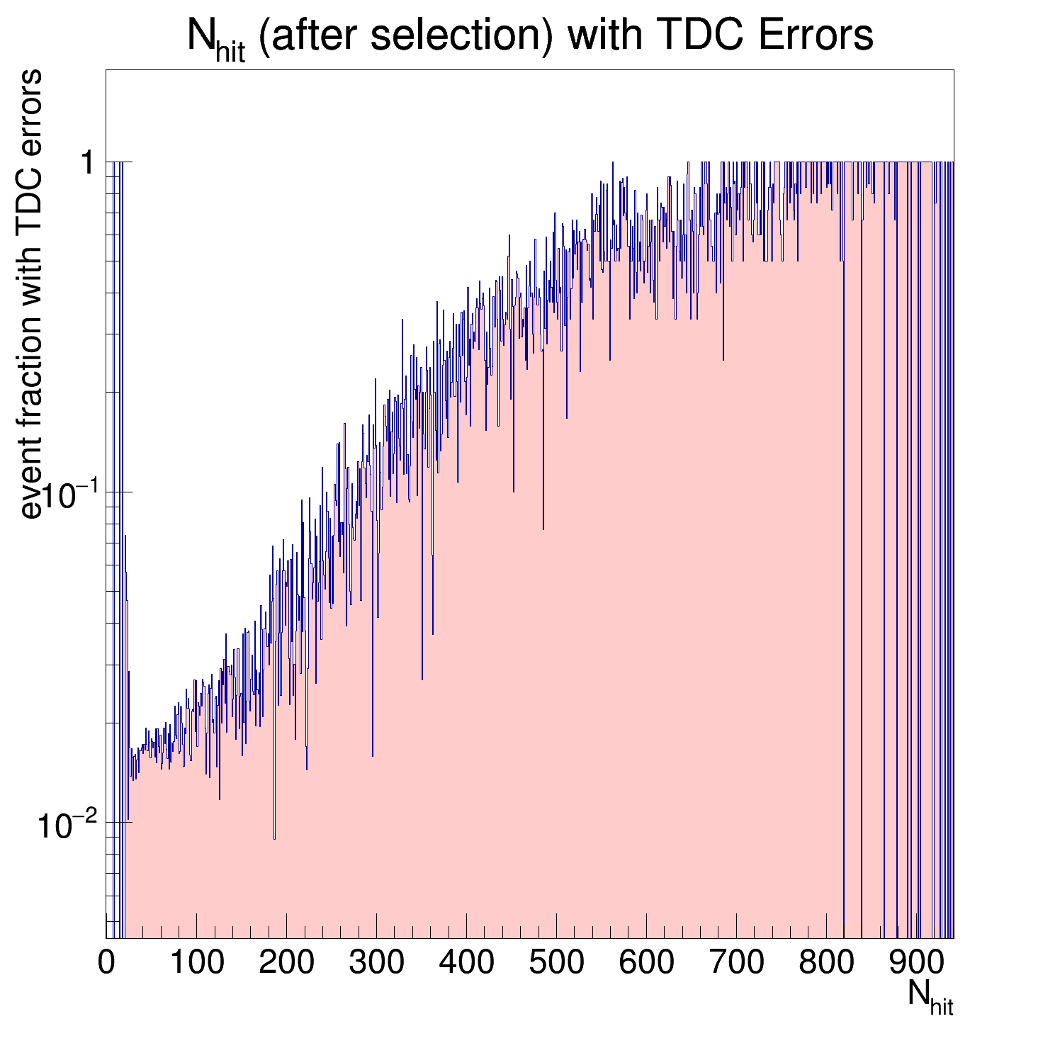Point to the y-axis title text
point(32,294)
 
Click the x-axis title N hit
point(930,996)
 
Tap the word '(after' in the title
point(312,35)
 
